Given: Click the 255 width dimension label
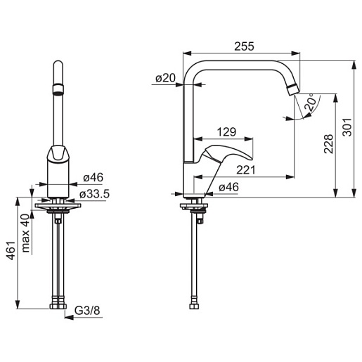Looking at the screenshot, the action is click(x=244, y=46).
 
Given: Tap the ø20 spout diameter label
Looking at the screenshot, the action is click(x=165, y=78).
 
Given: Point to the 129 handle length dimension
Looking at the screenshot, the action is click(x=226, y=132).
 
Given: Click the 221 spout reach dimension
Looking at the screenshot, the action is click(x=246, y=170).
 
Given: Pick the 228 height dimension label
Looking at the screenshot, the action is click(x=328, y=144).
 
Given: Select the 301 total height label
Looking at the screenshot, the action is click(x=347, y=127).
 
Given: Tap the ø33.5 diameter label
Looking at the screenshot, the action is click(x=94, y=194).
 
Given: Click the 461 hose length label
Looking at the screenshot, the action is click(x=11, y=250).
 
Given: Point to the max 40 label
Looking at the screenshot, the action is click(x=25, y=233).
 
